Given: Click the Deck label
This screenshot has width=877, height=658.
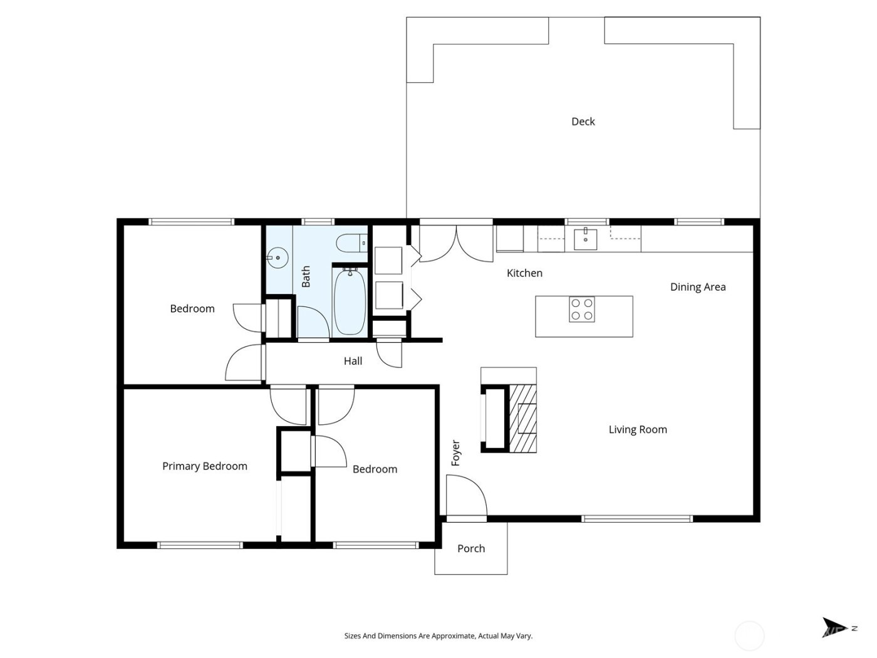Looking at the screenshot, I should (x=583, y=122).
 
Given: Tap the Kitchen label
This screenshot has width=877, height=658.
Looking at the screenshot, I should (x=524, y=273).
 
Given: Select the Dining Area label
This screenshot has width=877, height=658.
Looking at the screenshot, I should (x=698, y=287).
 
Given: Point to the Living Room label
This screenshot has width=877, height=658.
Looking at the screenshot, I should (x=638, y=430).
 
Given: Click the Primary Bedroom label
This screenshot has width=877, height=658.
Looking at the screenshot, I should (x=205, y=466).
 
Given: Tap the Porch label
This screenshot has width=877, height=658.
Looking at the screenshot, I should (x=471, y=549).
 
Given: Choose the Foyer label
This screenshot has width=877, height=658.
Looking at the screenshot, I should (x=456, y=453).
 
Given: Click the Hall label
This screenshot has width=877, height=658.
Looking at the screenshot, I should (x=353, y=362).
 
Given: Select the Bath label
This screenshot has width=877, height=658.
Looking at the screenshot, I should (x=306, y=277).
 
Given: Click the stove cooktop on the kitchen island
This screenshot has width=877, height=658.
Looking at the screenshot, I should (x=581, y=309).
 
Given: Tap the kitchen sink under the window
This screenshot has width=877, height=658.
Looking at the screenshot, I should (x=585, y=239).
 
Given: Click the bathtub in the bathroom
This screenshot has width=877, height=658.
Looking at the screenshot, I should (x=350, y=302).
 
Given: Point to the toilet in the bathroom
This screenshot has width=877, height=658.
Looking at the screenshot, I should (x=351, y=243).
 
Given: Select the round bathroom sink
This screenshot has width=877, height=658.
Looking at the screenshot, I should (x=277, y=258).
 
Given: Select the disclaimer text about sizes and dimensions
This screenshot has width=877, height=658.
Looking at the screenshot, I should (x=438, y=636).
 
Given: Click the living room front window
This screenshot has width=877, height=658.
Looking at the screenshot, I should (x=636, y=519).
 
